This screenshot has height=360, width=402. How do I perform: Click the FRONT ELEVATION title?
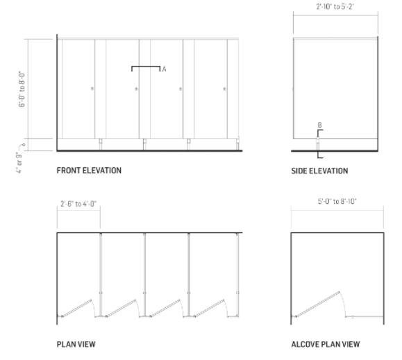(89, 171)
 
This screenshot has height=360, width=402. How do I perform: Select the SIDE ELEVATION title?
(319, 171)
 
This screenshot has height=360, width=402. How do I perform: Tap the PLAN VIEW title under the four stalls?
(76, 344)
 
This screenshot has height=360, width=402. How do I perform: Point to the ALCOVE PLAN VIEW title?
(326, 344)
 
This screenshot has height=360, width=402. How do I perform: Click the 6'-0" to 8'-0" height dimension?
(22, 89)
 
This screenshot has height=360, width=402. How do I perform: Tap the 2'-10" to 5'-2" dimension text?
(335, 6)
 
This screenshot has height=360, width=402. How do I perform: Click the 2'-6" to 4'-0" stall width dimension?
(78, 204)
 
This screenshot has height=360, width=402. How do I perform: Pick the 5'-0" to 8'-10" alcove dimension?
(337, 202)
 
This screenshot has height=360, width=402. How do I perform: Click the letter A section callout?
(164, 69)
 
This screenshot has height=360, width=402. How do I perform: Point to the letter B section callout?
(319, 125)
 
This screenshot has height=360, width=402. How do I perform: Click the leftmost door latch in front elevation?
(92, 89)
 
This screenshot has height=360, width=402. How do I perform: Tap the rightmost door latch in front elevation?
(224, 89)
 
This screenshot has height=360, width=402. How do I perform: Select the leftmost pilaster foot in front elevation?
(101, 144)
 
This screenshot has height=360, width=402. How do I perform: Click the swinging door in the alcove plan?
(318, 305)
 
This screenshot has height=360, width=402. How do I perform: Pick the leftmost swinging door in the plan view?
(76, 308)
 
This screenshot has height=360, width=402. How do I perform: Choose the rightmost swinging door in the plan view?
(209, 308)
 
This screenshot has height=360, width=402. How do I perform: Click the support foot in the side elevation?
(318, 144)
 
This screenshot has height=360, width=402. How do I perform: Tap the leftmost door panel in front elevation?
(78, 89)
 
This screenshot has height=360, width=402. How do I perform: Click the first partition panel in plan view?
(101, 275)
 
